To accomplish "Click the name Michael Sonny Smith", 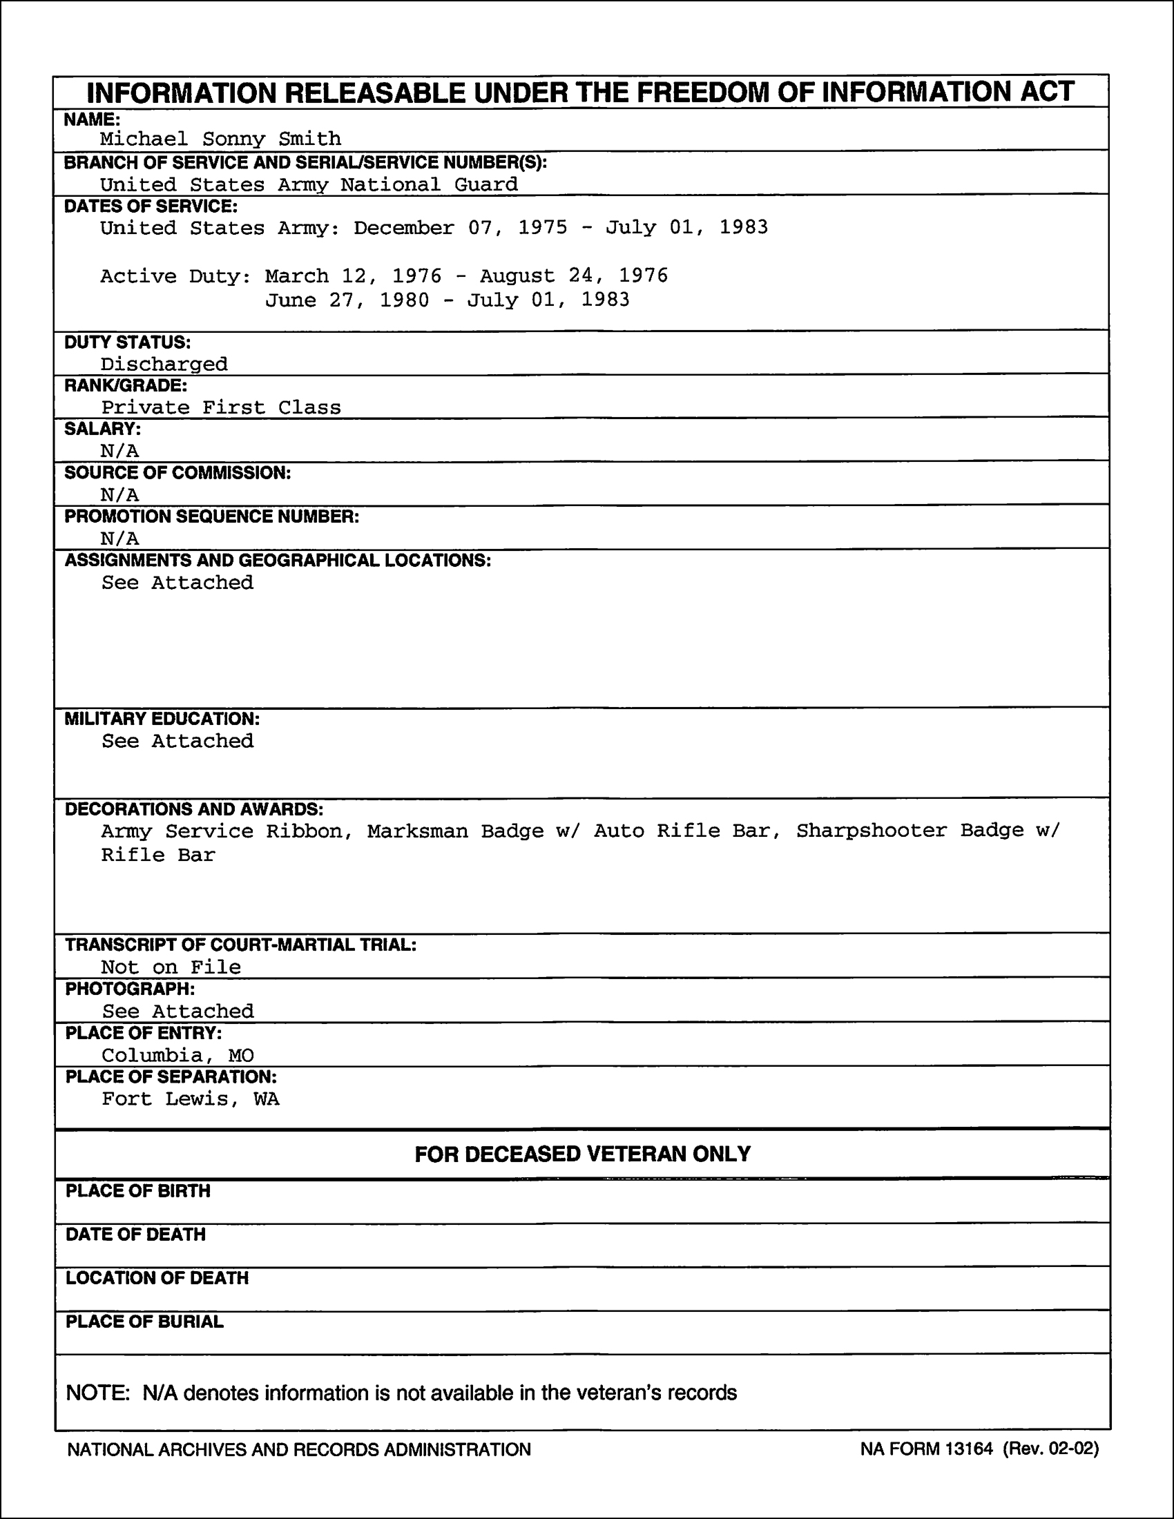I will coord(220,139).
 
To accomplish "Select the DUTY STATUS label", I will coord(127,342).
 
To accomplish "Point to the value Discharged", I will coord(164,365).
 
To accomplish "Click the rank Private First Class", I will coord(221,407).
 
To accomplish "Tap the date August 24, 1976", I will coord(574,276).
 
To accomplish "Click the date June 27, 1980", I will coord(347,300).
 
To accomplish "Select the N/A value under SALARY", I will coord(119,452).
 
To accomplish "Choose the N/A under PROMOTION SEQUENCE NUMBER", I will coord(119,539).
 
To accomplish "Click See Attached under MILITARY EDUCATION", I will coord(177,742).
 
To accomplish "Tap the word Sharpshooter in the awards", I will coord(872,831).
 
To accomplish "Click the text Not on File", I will coord(171,967).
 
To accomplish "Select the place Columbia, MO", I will coord(177,1056).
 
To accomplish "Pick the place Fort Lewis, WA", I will coord(191,1099).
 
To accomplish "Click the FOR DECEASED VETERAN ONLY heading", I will coord(583,1154).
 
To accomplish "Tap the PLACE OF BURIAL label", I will coord(144,1322).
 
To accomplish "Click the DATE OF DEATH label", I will coord(135,1235).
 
